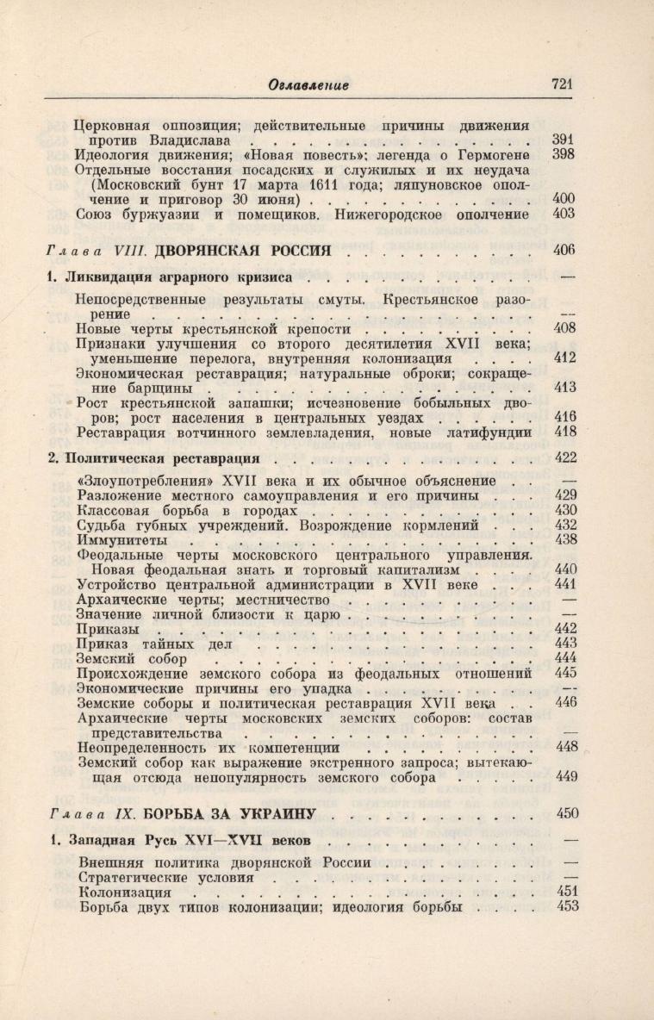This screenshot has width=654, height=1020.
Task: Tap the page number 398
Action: tap(564, 154)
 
